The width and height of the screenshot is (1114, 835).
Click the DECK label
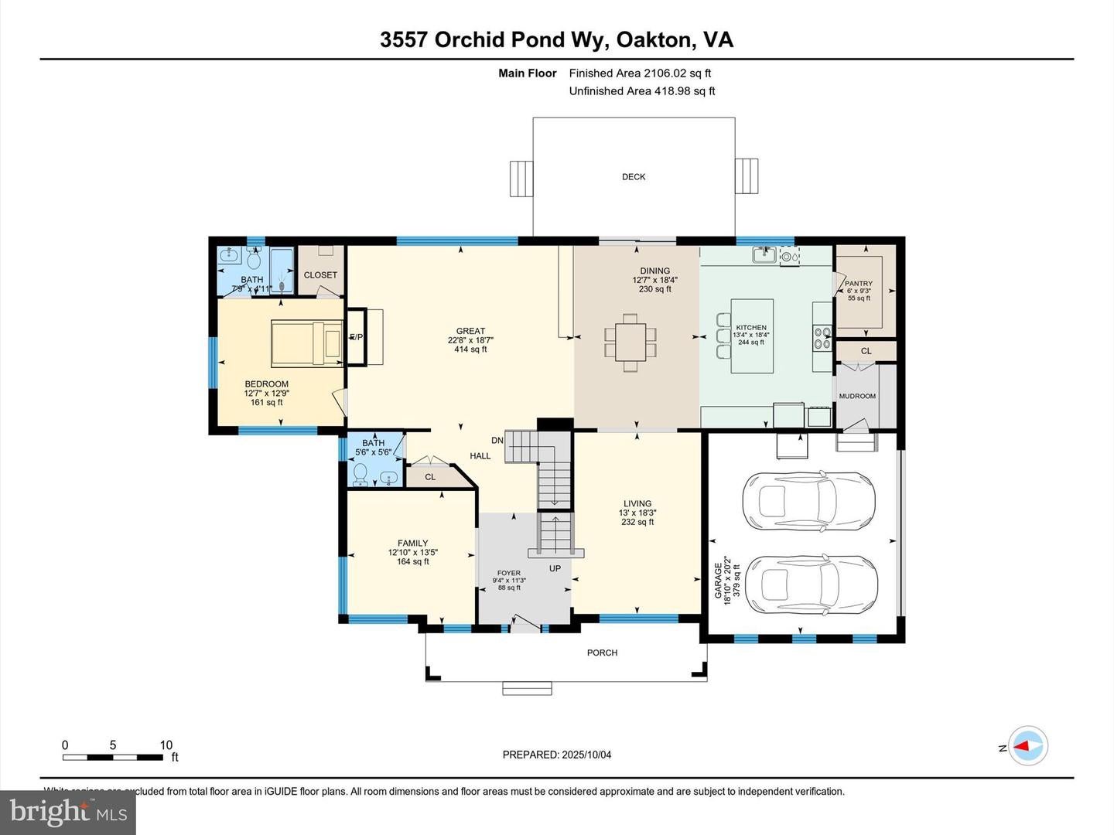coord(633,177)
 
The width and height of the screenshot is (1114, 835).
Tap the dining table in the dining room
coord(630,338)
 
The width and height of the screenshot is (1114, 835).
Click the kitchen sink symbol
coord(765,254)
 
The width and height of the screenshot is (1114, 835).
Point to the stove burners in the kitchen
coord(822,338)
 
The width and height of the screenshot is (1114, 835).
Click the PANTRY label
coord(858,284)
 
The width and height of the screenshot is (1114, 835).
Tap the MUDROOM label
coord(857,396)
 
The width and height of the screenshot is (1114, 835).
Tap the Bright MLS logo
coord(68,812)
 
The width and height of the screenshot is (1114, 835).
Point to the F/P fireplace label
coord(356,337)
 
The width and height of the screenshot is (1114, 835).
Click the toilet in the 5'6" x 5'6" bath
coord(360,473)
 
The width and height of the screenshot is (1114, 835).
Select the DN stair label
coord(497,441)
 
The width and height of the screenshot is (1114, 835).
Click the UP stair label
coord(555,568)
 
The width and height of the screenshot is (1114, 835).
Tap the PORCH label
coord(602,653)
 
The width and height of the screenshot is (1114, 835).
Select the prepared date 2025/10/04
coord(586,755)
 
